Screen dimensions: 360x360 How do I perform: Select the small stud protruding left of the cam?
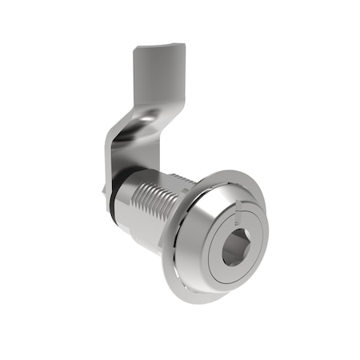coord(103,190)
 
